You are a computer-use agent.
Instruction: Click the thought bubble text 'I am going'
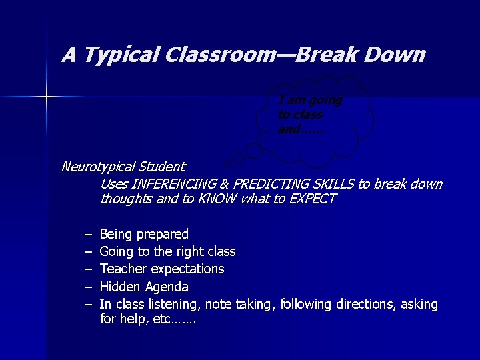tap(309, 101)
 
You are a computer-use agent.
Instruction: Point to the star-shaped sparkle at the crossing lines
tap(47, 97)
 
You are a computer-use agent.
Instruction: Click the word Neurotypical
tap(97, 167)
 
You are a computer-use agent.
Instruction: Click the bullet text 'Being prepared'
tap(144, 234)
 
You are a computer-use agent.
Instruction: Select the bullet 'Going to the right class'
tap(167, 251)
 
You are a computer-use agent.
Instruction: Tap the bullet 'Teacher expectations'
tap(162, 269)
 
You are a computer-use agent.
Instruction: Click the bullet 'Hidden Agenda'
tap(144, 287)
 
